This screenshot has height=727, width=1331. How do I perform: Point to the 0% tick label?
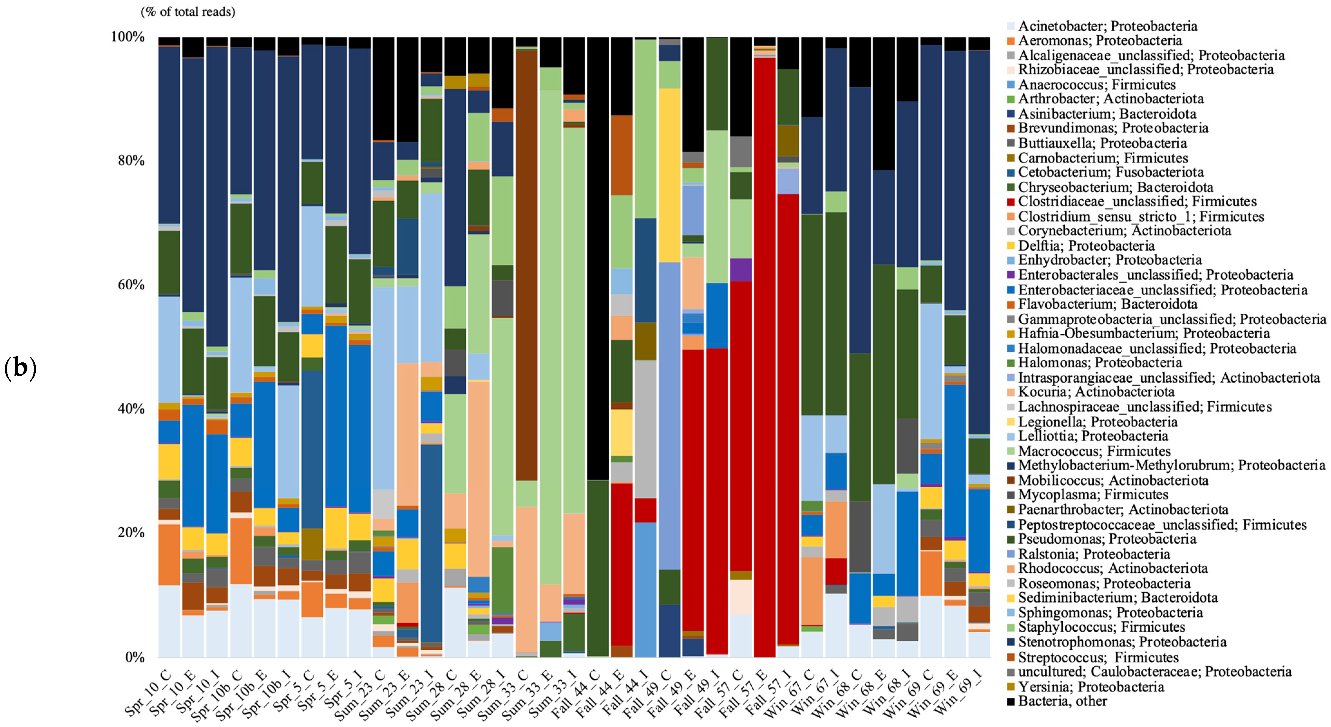135,657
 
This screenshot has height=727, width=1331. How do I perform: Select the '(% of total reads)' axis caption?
188,11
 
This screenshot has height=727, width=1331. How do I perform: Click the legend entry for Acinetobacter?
1106,26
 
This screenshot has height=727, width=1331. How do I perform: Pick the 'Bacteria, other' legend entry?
1062,701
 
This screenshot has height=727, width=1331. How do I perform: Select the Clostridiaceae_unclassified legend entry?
1137,202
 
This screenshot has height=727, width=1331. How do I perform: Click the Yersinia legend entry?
1090,687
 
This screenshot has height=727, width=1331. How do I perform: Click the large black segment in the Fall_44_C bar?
598,258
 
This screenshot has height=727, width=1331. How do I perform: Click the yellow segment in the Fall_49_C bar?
670,176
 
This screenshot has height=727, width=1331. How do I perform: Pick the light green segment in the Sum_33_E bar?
550,336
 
